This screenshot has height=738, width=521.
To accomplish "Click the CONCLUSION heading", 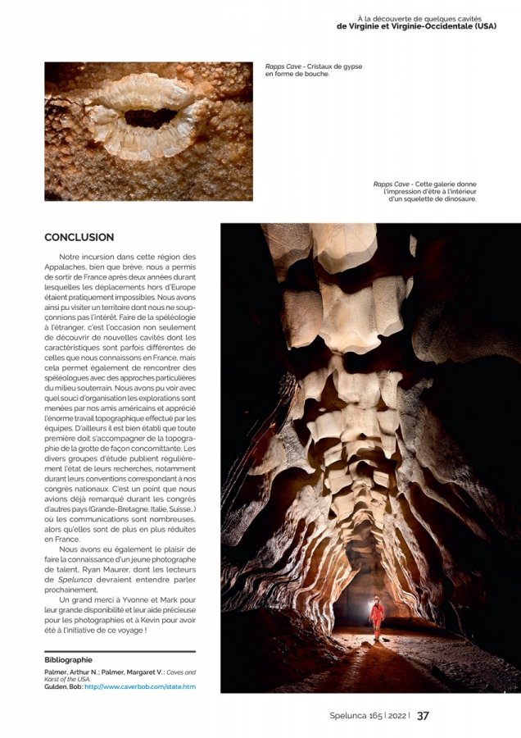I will pyautogui.click(x=79, y=237).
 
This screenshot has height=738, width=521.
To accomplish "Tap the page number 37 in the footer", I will pyautogui.click(x=423, y=715).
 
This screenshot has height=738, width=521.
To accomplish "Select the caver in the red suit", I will pyautogui.click(x=377, y=615).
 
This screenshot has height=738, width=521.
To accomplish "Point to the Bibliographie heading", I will pyautogui.click(x=69, y=659).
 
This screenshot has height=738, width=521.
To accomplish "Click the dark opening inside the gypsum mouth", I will pyautogui.click(x=151, y=117).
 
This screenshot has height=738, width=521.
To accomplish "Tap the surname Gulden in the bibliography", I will pyautogui.click(x=57, y=686).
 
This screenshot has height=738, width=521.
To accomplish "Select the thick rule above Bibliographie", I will pyautogui.click(x=120, y=651).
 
